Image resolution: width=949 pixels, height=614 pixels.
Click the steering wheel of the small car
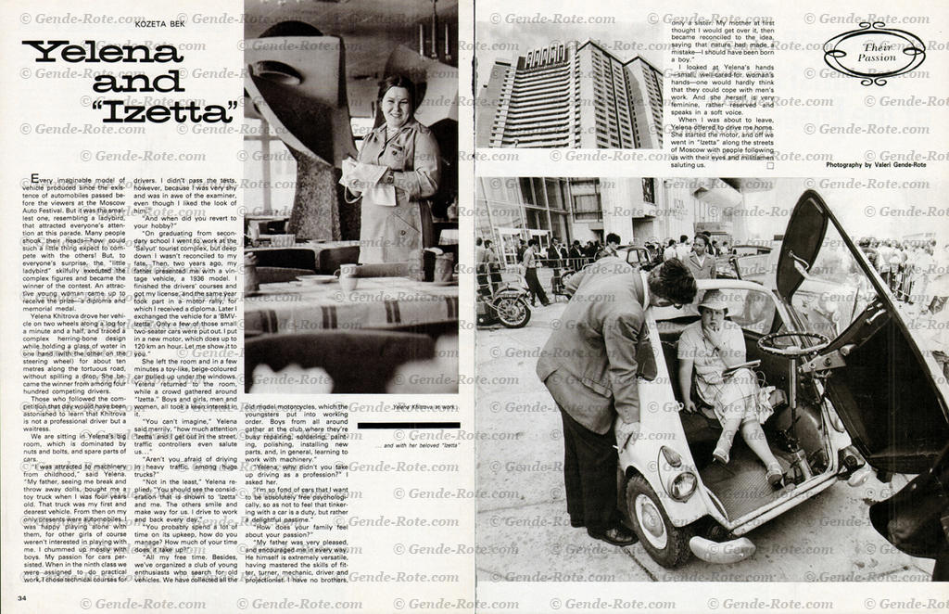[x=793, y=343]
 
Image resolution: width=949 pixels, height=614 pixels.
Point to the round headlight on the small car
[x=684, y=484]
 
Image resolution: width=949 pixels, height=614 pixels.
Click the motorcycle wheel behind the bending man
[x=512, y=311]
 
